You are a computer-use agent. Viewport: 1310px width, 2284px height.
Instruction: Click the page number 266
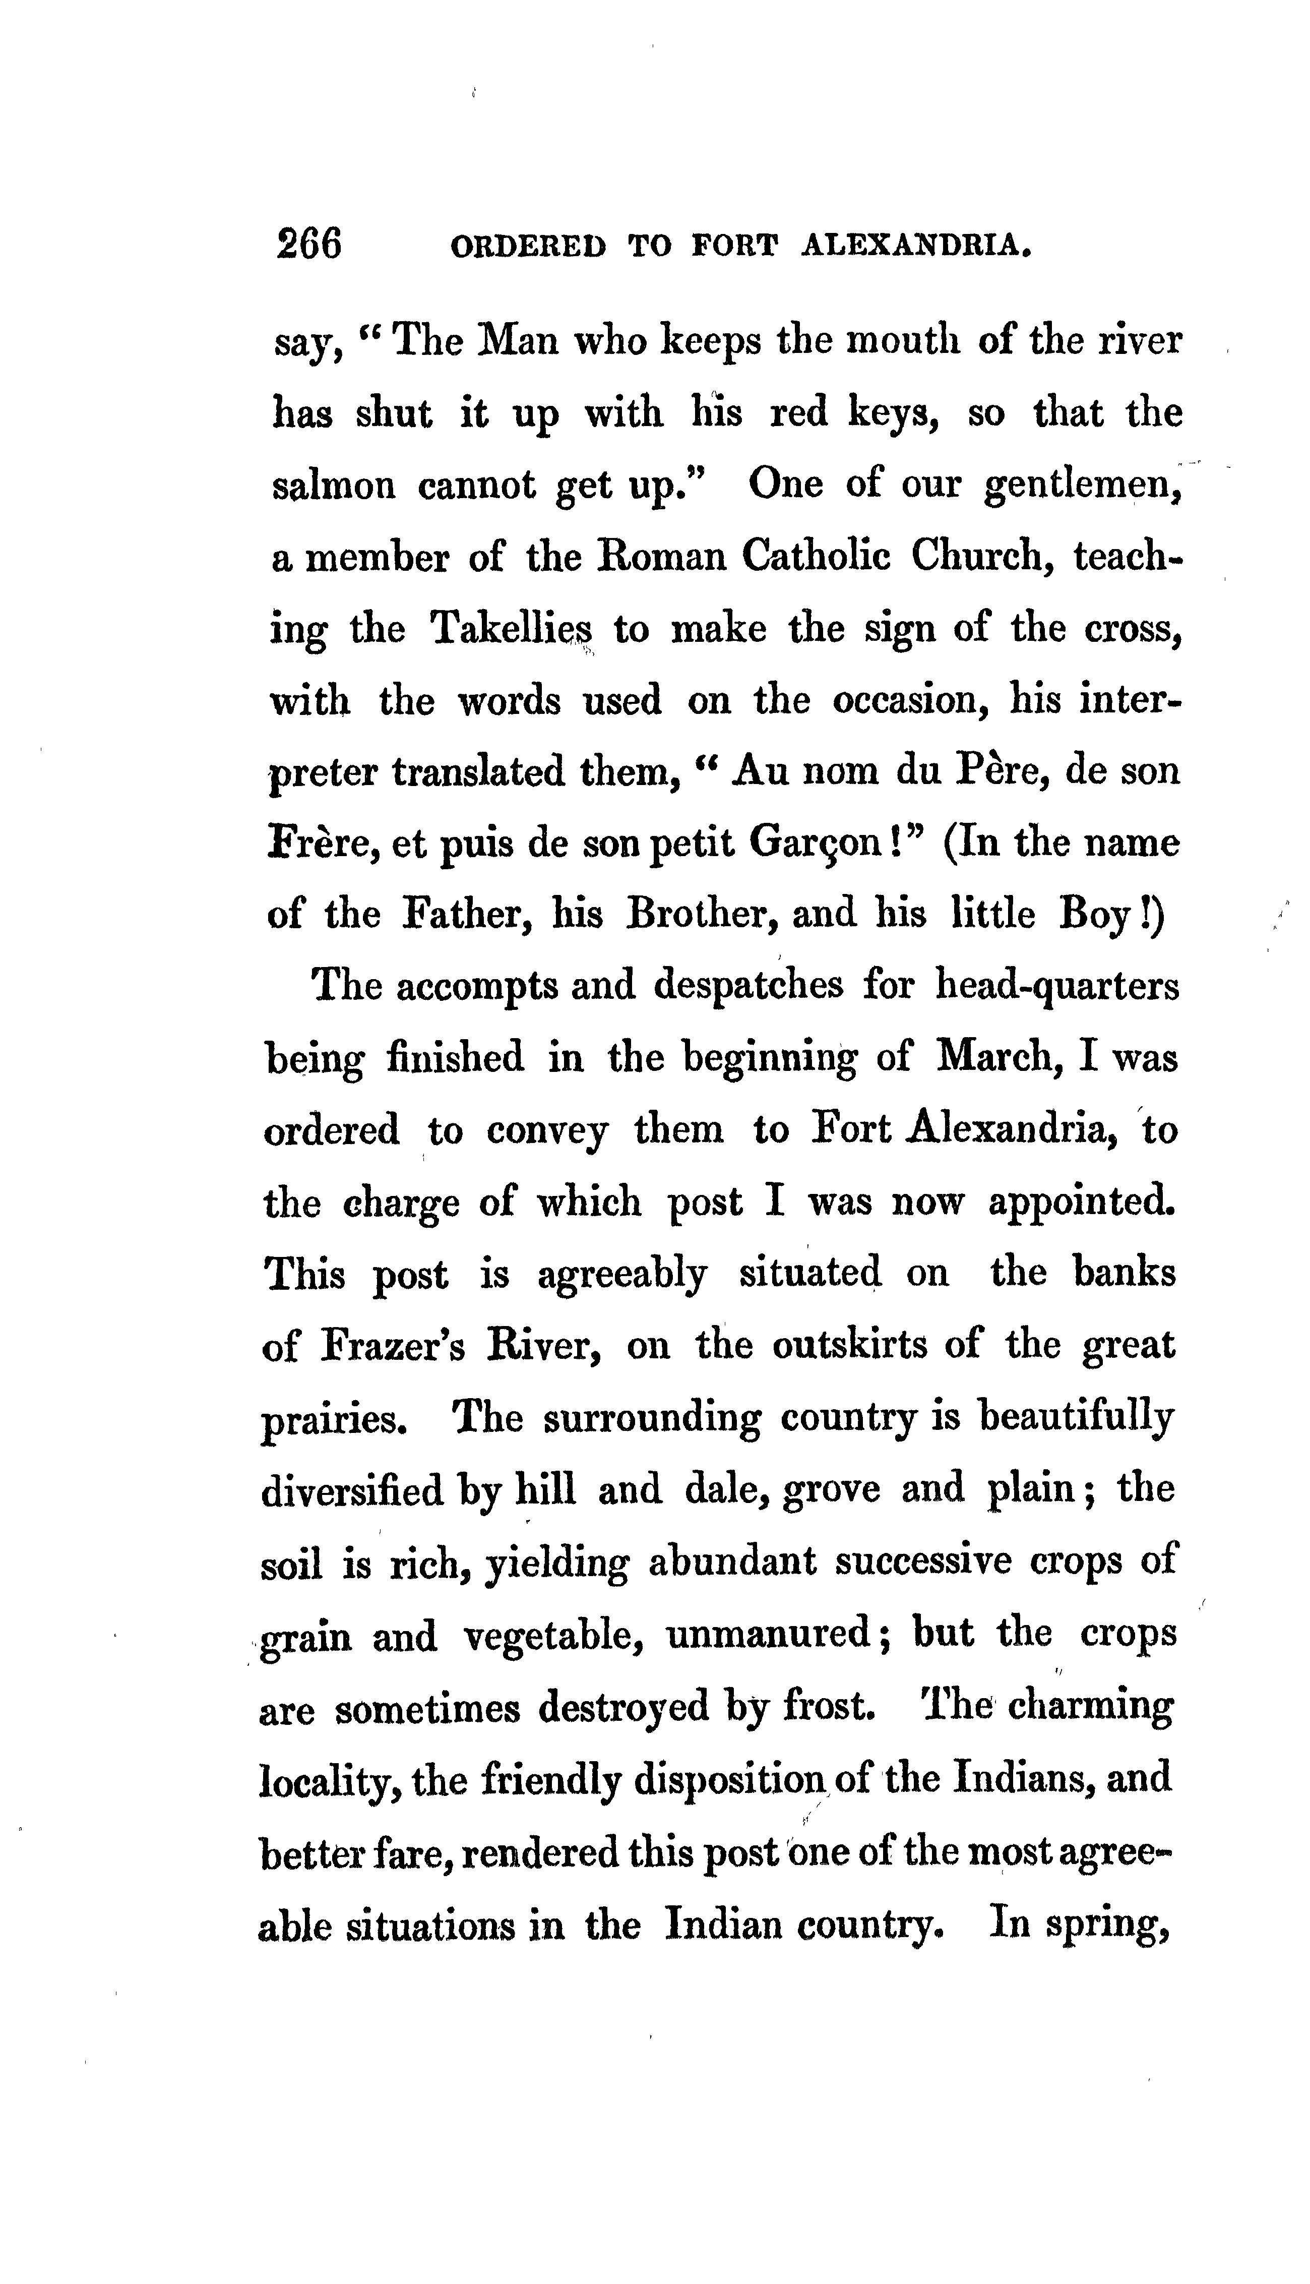pyautogui.click(x=309, y=244)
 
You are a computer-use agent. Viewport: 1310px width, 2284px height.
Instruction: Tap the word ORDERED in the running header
pyautogui.click(x=527, y=246)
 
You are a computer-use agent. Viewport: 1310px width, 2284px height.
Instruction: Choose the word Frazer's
pyautogui.click(x=392, y=1346)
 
